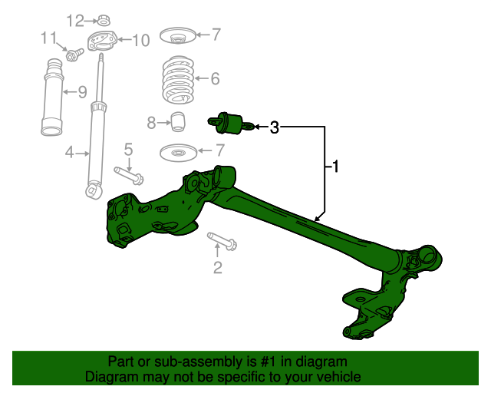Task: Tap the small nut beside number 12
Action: pyautogui.click(x=103, y=20)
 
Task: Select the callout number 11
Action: pyautogui.click(x=48, y=38)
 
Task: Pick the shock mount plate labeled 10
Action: pyautogui.click(x=102, y=41)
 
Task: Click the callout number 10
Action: pyautogui.click(x=140, y=41)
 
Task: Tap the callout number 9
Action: pyautogui.click(x=81, y=93)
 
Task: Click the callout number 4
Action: pyautogui.click(x=69, y=153)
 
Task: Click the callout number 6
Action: pyautogui.click(x=215, y=78)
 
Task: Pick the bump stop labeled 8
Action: pyautogui.click(x=178, y=121)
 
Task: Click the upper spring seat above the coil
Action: pyautogui.click(x=177, y=35)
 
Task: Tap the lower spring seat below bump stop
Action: pyautogui.click(x=177, y=154)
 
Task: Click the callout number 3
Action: pyautogui.click(x=274, y=127)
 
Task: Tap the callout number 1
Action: pyautogui.click(x=334, y=166)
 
